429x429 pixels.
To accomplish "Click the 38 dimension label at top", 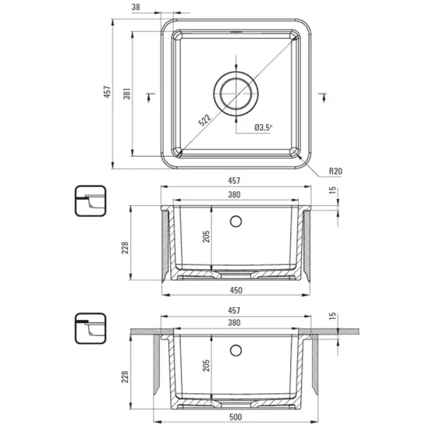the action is [x=136, y=7].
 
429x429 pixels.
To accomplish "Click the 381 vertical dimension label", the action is [x=127, y=94].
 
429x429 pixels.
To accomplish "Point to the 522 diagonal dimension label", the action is [x=205, y=120].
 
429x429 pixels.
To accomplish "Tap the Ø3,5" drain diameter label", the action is [x=264, y=127].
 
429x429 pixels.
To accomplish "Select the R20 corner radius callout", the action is [x=335, y=171].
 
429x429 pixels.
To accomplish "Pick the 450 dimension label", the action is [x=236, y=290].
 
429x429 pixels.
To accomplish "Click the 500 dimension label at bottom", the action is [x=236, y=417].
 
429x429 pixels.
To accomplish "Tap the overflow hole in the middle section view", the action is [x=236, y=222].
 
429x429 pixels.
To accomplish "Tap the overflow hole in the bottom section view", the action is [x=236, y=350].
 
